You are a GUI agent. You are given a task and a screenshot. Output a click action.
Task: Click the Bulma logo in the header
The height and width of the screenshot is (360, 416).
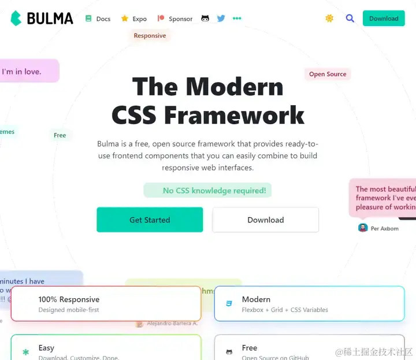[42, 18]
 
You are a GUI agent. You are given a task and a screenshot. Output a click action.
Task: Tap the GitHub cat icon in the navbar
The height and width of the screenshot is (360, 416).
[205, 18]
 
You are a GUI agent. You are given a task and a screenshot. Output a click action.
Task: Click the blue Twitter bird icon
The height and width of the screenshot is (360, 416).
[221, 18]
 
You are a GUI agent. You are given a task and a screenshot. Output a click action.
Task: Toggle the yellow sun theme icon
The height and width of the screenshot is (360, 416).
[329, 18]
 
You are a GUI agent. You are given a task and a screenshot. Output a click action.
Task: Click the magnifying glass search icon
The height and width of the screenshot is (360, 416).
[350, 18]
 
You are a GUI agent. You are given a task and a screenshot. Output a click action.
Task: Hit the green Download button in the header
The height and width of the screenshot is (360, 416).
[384, 18]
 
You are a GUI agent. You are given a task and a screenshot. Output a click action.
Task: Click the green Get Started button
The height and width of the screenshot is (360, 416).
[150, 220]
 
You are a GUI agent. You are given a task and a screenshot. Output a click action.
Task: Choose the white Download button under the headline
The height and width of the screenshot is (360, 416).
[265, 220]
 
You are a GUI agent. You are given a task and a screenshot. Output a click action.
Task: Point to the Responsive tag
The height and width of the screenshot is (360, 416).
[150, 36]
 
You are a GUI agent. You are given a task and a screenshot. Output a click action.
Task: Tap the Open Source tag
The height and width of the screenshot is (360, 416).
[328, 74]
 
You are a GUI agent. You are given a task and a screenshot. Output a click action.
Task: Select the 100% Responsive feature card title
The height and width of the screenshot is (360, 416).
[69, 299]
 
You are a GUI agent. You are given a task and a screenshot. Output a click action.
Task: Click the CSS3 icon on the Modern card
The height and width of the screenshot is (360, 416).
[229, 303]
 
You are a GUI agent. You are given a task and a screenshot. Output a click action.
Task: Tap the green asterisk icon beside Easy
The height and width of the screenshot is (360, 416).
[25, 351]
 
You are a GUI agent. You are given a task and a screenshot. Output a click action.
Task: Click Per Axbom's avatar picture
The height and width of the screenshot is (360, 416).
[363, 228]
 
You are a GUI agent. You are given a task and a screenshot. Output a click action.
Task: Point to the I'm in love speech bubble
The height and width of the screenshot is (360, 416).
[26, 72]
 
